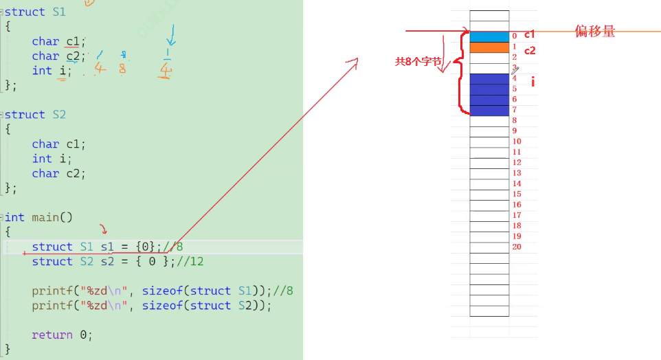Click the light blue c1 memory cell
point(489,36)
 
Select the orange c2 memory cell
point(489,47)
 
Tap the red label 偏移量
point(595,31)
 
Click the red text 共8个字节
point(418,61)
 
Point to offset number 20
point(517,247)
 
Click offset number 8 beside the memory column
point(514,120)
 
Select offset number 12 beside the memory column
point(517,163)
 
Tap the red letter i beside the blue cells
point(533,82)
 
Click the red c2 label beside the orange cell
point(530,50)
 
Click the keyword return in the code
point(52,335)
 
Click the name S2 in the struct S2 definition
point(59,114)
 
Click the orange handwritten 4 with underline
point(164,70)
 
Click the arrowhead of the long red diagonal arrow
point(355,63)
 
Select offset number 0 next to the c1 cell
point(514,36)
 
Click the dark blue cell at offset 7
point(489,111)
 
